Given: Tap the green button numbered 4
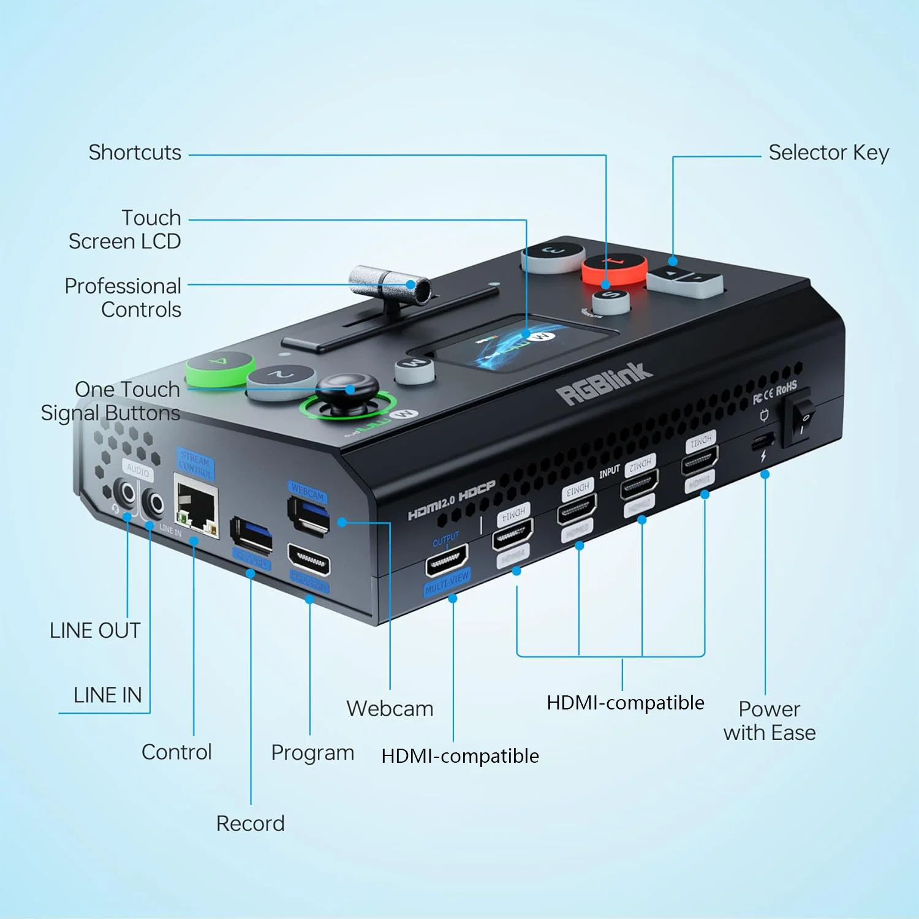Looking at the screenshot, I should coord(219,366).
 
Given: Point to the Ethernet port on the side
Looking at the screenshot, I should coord(196,508).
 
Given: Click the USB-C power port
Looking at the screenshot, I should coord(763,440).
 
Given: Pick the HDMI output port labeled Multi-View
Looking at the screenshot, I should coord(447,559).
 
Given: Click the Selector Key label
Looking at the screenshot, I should coord(828,153).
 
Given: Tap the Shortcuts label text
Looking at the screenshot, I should coord(135,153).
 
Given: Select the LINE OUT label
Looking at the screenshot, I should coord(95,630).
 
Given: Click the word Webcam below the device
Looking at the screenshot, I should coord(390,709).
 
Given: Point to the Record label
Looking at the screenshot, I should coord(250,823).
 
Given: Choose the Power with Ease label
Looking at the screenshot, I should coord(770,721).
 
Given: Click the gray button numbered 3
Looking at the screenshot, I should coord(553,254).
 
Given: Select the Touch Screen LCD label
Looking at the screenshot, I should coord(125,230).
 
